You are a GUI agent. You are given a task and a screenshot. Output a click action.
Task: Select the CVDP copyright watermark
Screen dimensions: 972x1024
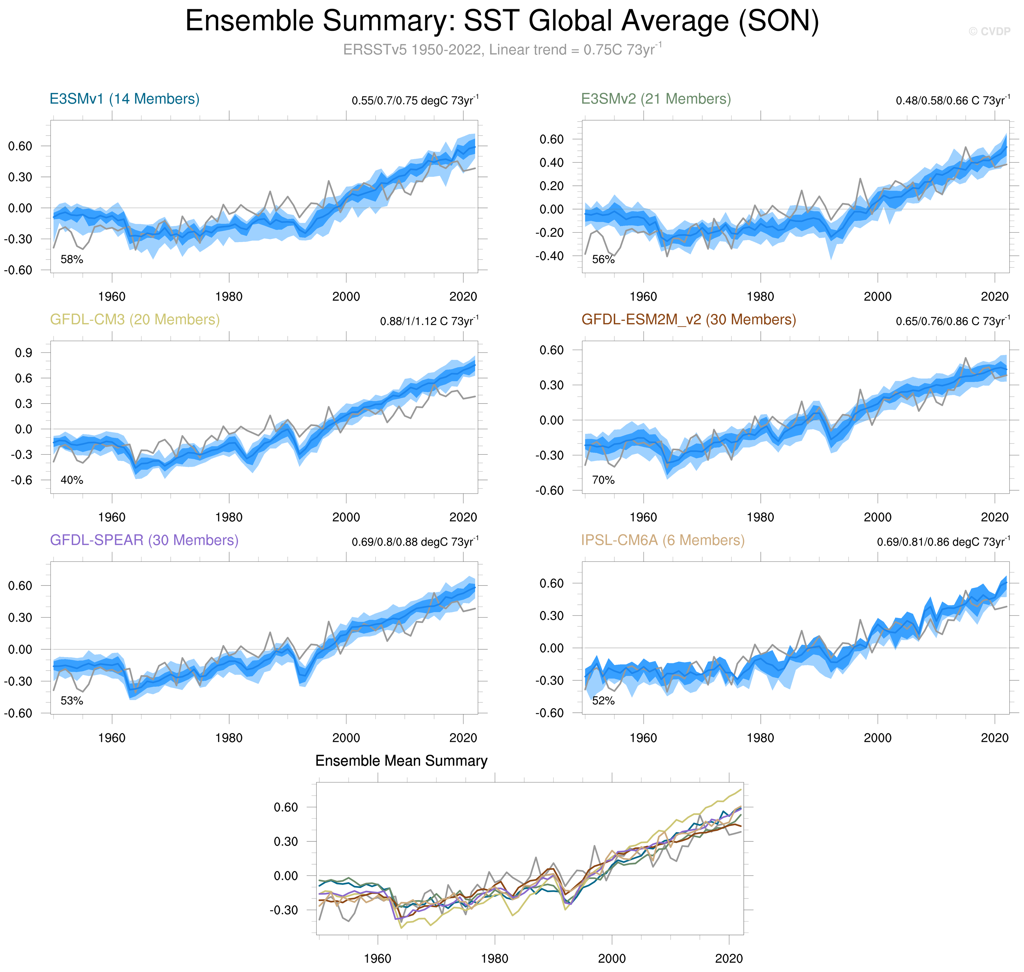tap(989, 32)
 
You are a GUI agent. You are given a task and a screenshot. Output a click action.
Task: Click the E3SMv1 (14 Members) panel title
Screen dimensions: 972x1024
tap(124, 99)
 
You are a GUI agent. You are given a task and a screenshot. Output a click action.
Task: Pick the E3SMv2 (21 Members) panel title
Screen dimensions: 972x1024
tap(656, 99)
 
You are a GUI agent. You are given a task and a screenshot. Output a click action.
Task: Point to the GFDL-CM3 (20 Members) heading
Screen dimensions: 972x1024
tap(135, 320)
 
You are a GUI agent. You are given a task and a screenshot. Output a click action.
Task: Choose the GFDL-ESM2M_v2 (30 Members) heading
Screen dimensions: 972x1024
tap(688, 320)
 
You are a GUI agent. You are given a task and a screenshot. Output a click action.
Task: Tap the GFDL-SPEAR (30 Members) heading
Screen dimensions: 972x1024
tap(144, 540)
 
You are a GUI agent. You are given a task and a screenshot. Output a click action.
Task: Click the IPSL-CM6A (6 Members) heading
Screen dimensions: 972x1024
tap(663, 540)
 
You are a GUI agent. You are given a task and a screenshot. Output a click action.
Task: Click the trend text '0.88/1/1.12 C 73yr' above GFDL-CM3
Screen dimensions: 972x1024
tap(429, 321)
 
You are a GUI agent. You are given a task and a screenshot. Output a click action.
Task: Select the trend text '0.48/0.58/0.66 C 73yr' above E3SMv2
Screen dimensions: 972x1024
tap(952, 100)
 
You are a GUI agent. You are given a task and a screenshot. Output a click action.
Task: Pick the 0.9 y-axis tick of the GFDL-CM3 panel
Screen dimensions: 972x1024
tap(23, 353)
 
